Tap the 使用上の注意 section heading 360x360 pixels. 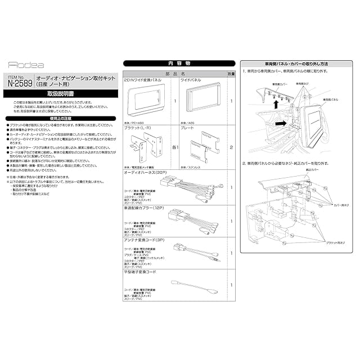pos(58,119)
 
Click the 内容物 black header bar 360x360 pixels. pos(172,64)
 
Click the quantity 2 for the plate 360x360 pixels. pos(231,147)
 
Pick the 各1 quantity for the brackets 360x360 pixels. pos(174,147)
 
